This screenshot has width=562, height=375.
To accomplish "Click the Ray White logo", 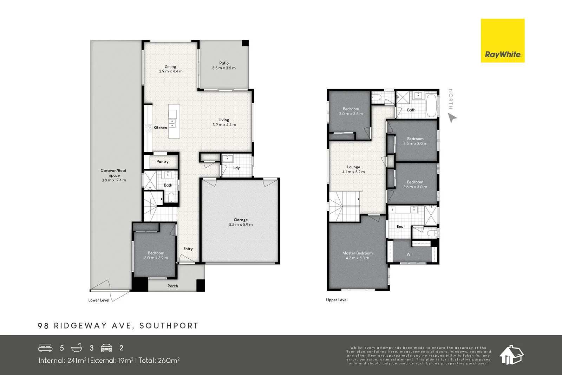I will [502, 41].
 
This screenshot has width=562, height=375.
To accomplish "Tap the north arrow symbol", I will [452, 118].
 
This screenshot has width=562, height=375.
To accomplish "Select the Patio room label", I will [224, 63].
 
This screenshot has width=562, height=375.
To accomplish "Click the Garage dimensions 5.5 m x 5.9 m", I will [241, 225].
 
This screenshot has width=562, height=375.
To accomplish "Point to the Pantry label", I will [162, 162].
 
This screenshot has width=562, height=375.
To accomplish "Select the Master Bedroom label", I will [357, 253].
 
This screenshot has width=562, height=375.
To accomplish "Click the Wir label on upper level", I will [410, 254].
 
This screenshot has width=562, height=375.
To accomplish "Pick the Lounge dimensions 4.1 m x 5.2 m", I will [353, 172].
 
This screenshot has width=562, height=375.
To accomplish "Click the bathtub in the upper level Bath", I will [431, 105].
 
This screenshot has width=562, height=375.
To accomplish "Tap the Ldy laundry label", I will [236, 168].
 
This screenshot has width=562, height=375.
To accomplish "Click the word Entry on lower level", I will [188, 249].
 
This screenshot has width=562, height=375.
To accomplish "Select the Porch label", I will [172, 286].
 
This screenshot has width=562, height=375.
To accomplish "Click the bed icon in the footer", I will [45, 348].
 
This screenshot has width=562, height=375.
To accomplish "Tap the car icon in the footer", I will [106, 348].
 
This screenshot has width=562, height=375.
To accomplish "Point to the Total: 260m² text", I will [159, 360].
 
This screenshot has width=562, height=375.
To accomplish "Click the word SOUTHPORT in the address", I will [169, 326].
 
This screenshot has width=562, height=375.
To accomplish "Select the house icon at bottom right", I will [511, 355].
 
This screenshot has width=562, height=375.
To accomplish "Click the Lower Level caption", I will [99, 300].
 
